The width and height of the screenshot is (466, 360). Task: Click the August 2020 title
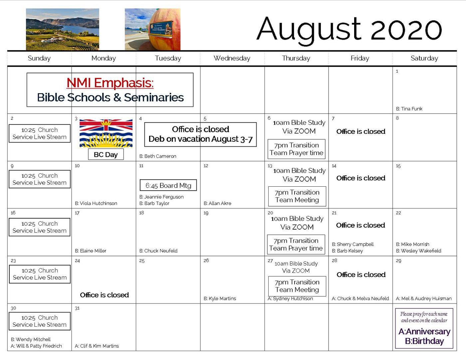(349, 30)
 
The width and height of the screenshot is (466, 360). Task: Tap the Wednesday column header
(232, 58)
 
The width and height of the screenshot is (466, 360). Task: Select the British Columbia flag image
(106, 133)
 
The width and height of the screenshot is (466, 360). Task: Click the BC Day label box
(106, 154)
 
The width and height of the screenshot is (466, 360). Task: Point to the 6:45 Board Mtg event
(168, 185)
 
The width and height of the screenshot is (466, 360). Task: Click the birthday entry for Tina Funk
(409, 109)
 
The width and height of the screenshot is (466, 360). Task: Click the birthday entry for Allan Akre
(217, 203)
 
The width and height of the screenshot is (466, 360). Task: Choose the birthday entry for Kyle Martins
(220, 298)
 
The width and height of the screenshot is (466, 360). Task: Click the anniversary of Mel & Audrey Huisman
(423, 298)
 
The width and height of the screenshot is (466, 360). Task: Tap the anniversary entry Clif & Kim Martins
(97, 346)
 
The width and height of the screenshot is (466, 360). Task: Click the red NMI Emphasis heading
(110, 83)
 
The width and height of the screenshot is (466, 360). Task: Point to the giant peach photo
(152, 29)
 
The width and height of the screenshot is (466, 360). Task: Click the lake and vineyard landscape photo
(62, 29)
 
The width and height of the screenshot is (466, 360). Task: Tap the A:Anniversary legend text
(424, 331)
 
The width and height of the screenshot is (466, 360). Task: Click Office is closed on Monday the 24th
(105, 295)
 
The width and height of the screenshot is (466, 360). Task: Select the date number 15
(398, 166)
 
